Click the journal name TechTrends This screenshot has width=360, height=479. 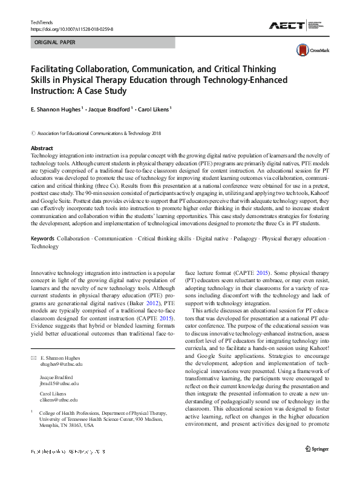tap(42, 22)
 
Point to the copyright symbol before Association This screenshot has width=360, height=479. tap(33, 133)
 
